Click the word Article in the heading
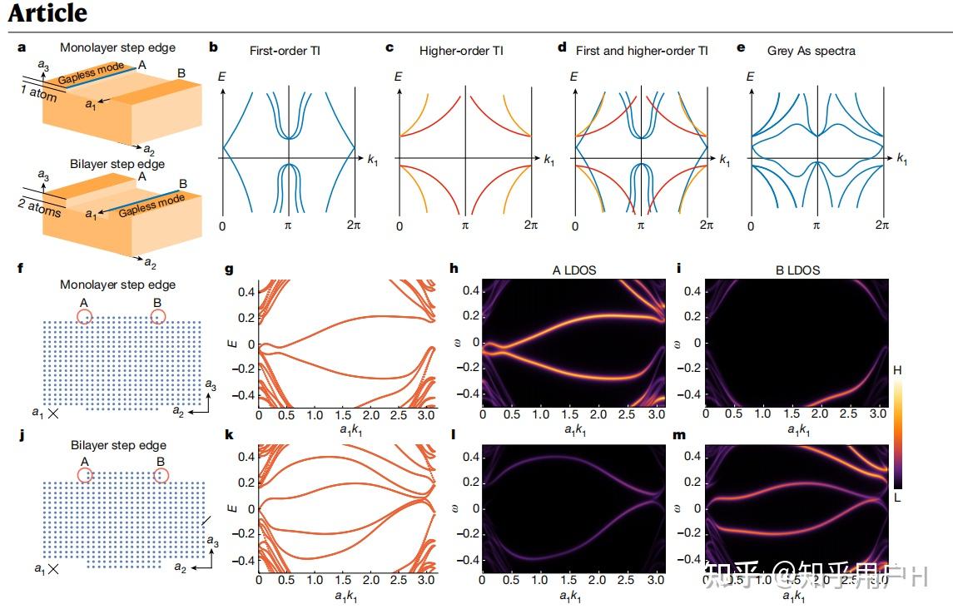pos(47,12)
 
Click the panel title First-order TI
pos(285,51)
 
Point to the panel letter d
pos(561,47)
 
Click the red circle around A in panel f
pos(84,316)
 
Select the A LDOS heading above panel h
pos(573,270)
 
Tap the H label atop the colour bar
pos(896,369)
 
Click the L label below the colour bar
pos(896,496)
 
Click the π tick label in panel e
pos(817,225)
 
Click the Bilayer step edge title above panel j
pos(117,446)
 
